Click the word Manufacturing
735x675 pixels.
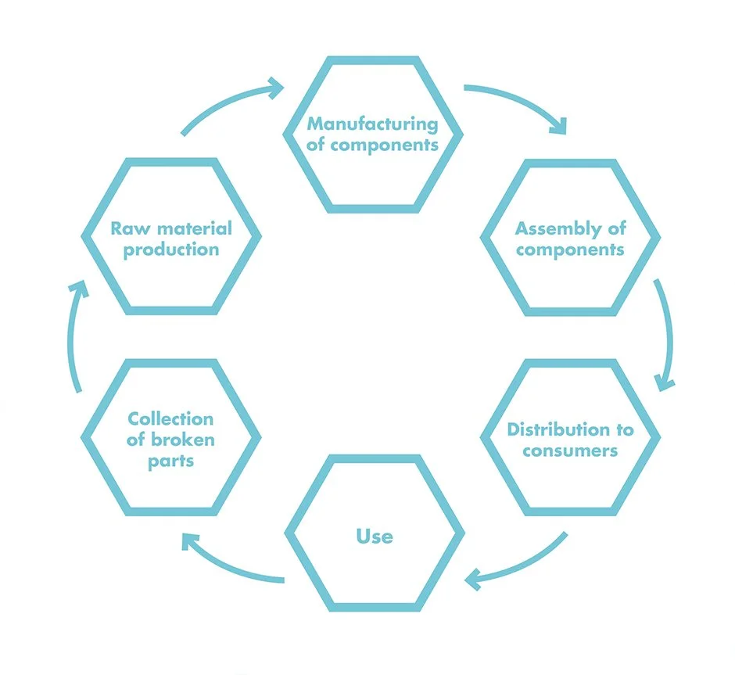[372, 124]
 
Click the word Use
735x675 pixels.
[375, 536]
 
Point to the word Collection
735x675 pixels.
[170, 418]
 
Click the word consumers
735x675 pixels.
[570, 451]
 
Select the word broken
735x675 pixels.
[181, 440]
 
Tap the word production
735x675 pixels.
[170, 250]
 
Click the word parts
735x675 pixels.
[170, 461]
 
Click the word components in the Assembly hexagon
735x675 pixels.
[569, 250]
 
